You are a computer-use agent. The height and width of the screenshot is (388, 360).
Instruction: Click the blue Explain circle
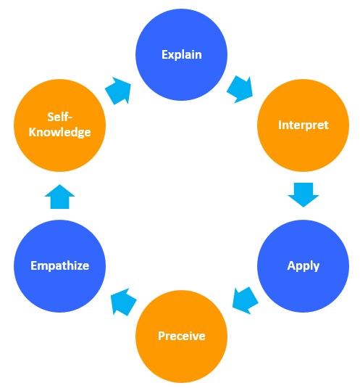tap(181, 54)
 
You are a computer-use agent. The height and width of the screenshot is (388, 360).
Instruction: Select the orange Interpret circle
tap(304, 125)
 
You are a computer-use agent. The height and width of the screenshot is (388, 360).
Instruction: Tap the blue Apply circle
tap(304, 266)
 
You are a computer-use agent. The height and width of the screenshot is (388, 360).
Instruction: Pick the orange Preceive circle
tap(181, 337)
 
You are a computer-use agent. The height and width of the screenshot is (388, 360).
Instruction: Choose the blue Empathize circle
tap(59, 266)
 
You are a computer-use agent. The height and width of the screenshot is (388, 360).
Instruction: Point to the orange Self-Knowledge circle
tap(59, 125)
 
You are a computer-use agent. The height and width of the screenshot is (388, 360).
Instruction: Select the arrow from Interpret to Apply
tap(304, 194)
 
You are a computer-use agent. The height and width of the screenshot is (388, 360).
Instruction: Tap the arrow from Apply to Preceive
tap(245, 301)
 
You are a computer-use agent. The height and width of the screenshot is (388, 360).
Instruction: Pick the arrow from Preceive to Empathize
tap(123, 302)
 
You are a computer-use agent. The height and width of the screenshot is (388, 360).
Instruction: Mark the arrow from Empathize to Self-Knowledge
tap(59, 197)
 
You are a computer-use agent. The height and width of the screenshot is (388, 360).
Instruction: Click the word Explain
tap(182, 54)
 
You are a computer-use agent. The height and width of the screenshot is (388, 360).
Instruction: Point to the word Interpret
tap(304, 125)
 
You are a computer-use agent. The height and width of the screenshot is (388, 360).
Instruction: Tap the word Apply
tap(304, 266)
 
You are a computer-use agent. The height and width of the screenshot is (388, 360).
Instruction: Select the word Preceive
tap(182, 336)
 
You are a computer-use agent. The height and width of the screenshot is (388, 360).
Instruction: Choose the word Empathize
tap(60, 266)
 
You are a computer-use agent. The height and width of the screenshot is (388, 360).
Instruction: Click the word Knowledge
tap(60, 132)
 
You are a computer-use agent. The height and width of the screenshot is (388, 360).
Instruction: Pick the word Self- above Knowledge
tap(59, 117)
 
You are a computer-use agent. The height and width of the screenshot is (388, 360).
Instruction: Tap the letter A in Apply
tap(292, 265)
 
